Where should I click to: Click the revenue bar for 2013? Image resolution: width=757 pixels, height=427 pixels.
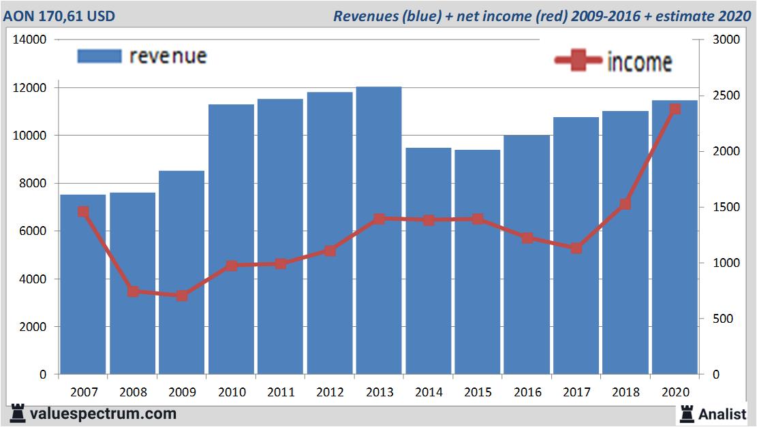[x=379, y=232]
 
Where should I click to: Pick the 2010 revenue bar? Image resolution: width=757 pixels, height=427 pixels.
[x=231, y=238]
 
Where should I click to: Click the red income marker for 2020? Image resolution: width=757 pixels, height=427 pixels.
[x=675, y=109]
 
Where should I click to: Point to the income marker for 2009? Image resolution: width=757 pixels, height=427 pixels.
[x=182, y=296]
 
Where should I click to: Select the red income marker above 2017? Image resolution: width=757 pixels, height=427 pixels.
[x=576, y=248]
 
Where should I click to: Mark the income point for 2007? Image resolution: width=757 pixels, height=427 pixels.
[x=83, y=212]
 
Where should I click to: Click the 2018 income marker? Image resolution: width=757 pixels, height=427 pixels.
[x=625, y=204]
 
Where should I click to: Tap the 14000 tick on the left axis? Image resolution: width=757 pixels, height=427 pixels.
[x=29, y=39]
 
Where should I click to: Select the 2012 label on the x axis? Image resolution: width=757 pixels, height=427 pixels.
[x=330, y=392]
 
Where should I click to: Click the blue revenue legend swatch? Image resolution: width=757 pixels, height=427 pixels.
[x=99, y=56]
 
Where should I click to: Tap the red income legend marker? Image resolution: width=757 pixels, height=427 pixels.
[x=577, y=61]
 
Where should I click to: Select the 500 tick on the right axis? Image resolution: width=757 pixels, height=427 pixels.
[x=723, y=319]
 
